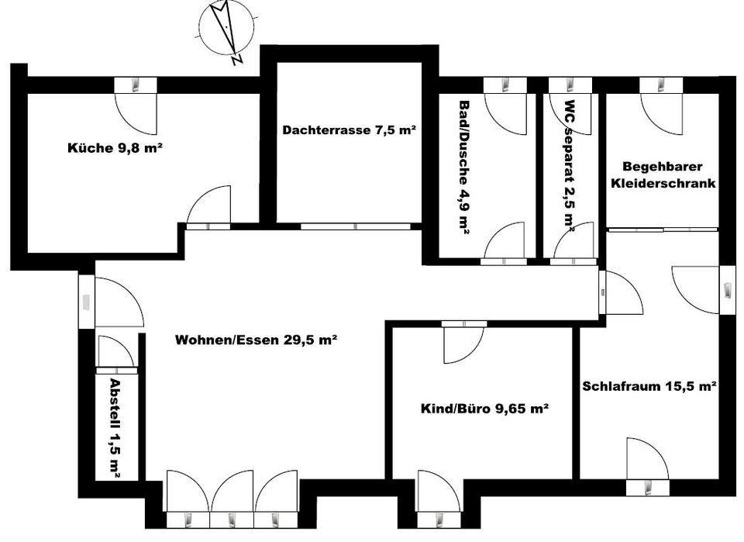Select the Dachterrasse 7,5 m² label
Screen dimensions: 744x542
click(350, 129)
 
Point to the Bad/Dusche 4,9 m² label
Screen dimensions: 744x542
click(464, 166)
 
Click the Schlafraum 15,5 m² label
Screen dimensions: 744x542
click(648, 385)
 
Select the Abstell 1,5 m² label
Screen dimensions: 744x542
click(115, 427)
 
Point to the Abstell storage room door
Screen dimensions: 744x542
click(117, 354)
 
